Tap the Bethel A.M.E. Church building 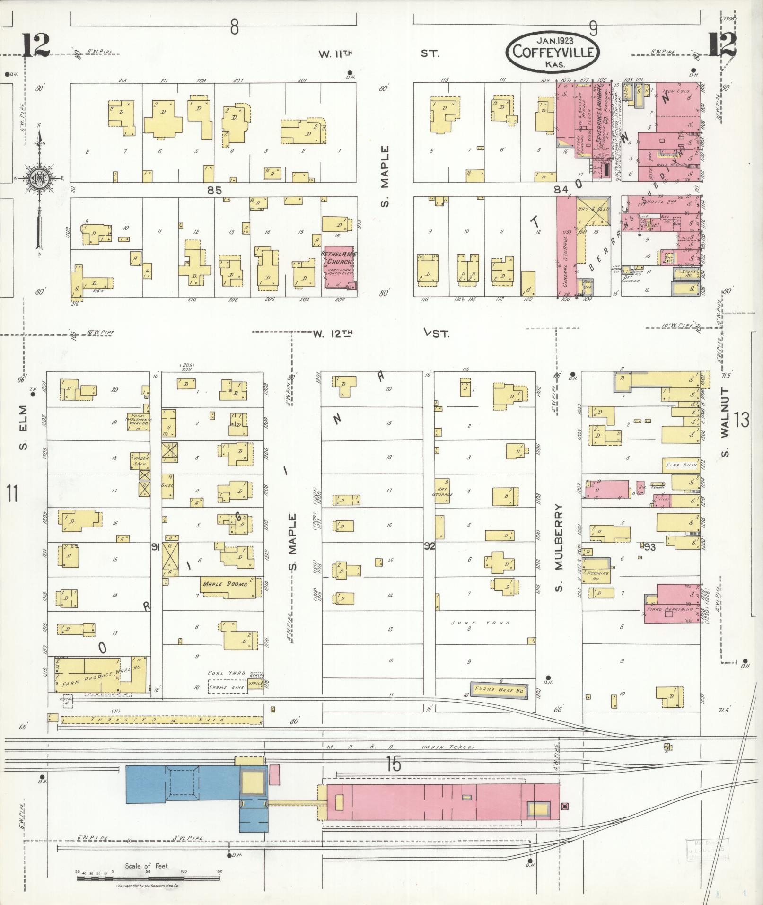click(x=339, y=268)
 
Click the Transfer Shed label click(x=156, y=720)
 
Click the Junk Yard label click(x=480, y=623)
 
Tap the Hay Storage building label click(x=442, y=492)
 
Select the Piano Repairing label click(x=672, y=610)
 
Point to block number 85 click(x=214, y=190)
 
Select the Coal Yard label click(x=221, y=673)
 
